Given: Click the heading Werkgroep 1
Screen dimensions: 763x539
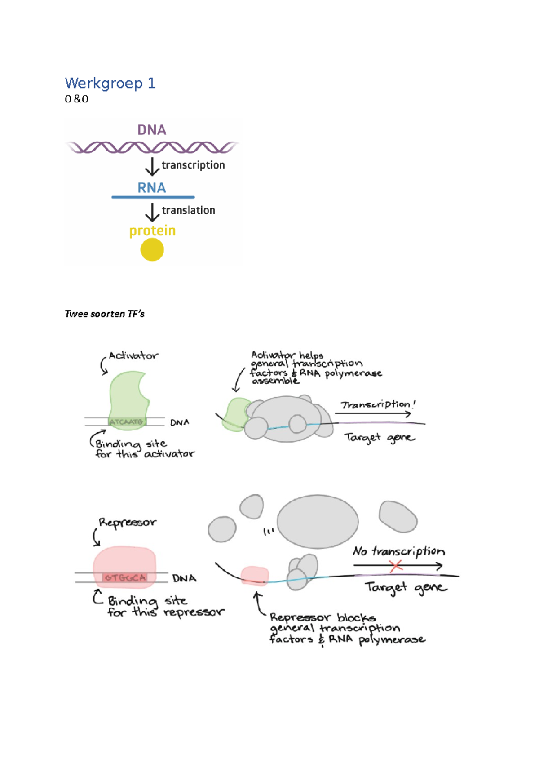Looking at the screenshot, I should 110,83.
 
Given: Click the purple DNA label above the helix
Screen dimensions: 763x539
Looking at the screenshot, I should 152,130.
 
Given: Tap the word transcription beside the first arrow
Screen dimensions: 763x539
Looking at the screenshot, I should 193,165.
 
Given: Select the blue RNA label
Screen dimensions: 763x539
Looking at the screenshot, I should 152,188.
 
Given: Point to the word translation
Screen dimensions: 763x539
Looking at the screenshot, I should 188,210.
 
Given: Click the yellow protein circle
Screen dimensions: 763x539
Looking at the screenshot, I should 152,249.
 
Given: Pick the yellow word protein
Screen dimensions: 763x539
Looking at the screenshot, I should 152,231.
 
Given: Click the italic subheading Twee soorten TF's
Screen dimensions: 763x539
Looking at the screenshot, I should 105,314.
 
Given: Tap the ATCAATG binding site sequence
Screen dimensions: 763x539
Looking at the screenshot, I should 126,421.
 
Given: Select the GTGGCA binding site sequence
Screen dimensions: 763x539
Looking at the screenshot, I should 125,577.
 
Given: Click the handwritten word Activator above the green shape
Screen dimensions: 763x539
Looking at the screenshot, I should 133,356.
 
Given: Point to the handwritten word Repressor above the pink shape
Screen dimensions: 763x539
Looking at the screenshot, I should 128,522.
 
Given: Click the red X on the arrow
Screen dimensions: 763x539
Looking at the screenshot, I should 396,566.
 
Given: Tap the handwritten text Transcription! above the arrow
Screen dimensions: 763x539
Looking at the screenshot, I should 377,404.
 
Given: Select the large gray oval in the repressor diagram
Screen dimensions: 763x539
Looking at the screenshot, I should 317,521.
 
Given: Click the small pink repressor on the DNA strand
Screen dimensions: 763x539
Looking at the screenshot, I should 255,576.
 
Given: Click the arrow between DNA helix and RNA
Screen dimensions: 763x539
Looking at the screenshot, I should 152,166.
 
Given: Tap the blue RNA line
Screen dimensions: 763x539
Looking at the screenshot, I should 153,197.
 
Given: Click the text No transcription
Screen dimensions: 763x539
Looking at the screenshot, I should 399,551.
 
